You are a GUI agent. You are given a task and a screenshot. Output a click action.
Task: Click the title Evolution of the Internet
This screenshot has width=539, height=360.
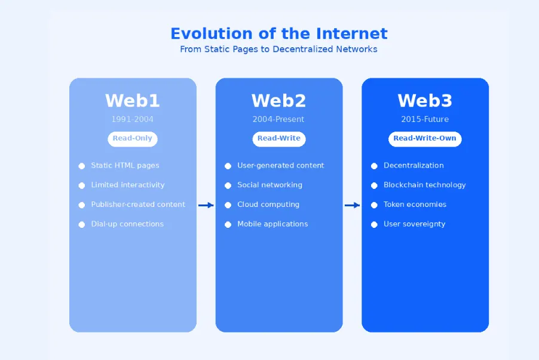click(x=279, y=33)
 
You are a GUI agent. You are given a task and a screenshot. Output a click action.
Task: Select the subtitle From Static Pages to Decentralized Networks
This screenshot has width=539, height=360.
click(x=279, y=50)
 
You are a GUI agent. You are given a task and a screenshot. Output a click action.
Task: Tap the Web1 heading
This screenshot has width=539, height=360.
click(x=133, y=100)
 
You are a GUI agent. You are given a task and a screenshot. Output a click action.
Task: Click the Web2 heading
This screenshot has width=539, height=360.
click(x=279, y=100)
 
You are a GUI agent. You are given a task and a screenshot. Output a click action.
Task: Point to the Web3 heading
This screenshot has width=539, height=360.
click(x=425, y=100)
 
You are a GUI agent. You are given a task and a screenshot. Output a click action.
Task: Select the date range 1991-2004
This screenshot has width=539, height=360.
click(x=133, y=120)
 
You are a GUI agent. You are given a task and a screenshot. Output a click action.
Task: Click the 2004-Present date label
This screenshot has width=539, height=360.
click(x=278, y=120)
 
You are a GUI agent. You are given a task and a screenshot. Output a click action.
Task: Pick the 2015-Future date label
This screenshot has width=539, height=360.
click(x=425, y=120)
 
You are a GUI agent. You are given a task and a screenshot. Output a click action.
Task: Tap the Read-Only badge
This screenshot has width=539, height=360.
click(x=133, y=139)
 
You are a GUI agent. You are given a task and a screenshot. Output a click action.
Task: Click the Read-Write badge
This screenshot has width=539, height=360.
click(x=279, y=139)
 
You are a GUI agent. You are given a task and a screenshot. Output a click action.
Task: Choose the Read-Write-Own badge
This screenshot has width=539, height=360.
click(x=425, y=139)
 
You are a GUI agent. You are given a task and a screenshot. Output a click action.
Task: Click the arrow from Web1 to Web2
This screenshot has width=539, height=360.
click(x=206, y=205)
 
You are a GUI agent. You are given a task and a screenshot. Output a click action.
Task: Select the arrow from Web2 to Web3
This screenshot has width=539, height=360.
click(x=352, y=205)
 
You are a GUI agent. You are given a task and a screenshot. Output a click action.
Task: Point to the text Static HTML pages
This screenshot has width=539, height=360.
click(x=125, y=166)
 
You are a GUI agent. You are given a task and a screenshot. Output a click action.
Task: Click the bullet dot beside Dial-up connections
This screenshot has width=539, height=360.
click(x=82, y=225)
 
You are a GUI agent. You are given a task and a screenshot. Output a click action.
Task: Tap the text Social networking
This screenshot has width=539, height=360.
click(x=269, y=185)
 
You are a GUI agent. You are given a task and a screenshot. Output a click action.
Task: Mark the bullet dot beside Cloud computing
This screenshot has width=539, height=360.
click(x=228, y=205)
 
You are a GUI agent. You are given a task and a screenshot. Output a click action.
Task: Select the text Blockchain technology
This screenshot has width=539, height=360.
click(x=424, y=185)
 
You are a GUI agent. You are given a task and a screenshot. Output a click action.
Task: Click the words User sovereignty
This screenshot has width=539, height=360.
click(x=414, y=224)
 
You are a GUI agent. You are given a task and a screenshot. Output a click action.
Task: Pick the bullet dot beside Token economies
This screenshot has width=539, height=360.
click(x=374, y=205)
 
